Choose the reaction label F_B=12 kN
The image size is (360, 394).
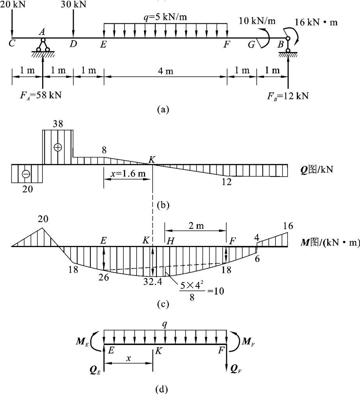click(288, 95)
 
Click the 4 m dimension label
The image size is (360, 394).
click(165, 71)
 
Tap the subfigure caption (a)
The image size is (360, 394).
click(163, 110)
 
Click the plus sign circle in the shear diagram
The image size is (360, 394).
click(58, 147)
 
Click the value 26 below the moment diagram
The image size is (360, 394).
click(105, 277)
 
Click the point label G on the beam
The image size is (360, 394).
click(252, 44)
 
